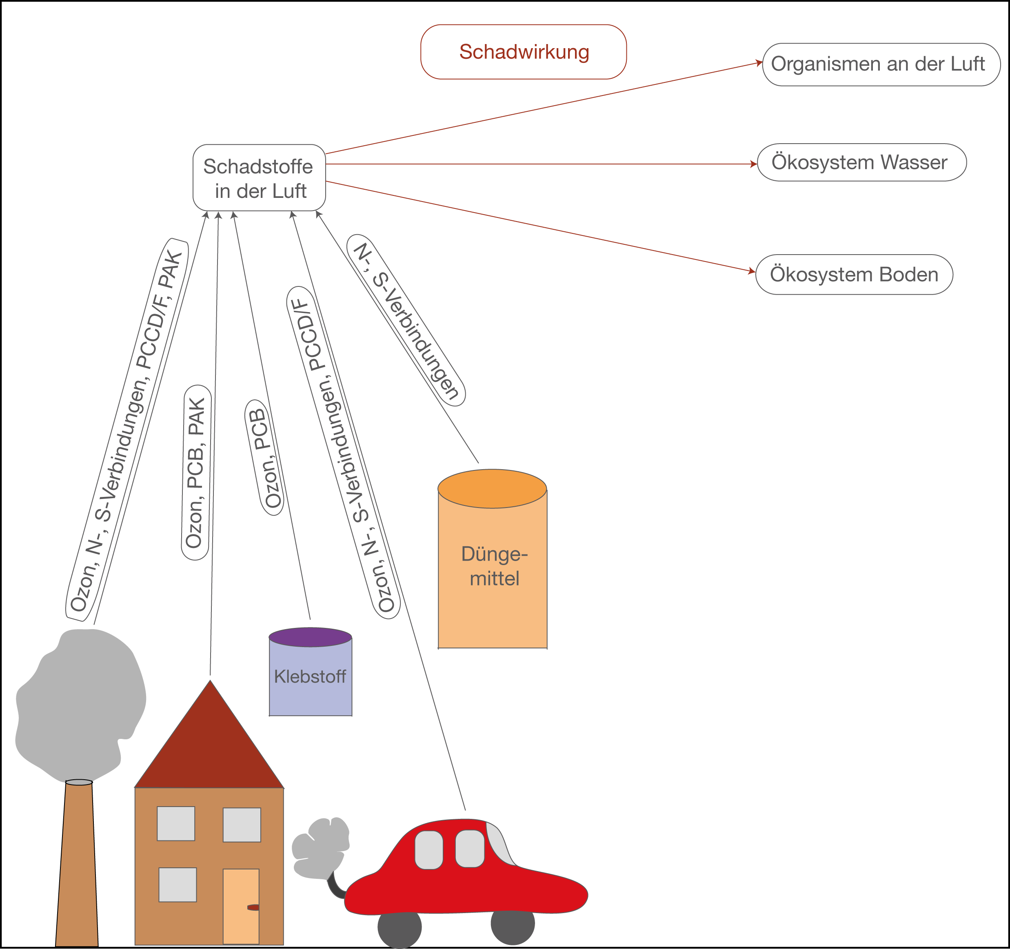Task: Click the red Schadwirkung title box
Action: [523, 52]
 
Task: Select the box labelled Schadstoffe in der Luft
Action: [259, 177]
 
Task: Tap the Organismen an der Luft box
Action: [881, 64]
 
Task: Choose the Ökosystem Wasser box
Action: [861, 162]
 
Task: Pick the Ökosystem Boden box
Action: [854, 274]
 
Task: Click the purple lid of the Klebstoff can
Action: [311, 637]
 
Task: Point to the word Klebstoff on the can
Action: [310, 677]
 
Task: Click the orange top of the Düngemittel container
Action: [492, 489]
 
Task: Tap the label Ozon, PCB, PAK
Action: [196, 473]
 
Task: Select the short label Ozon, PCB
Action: [264, 458]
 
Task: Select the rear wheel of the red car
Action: [400, 927]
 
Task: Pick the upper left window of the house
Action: [176, 823]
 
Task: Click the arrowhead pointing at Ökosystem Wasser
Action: [753, 164]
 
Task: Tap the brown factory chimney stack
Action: [77, 864]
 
